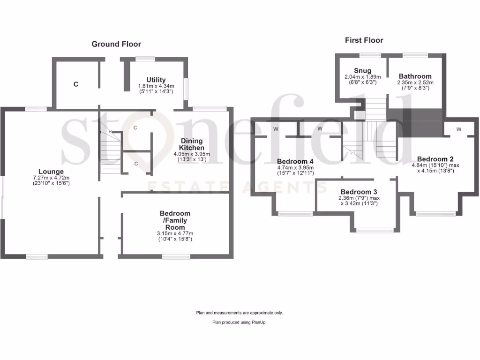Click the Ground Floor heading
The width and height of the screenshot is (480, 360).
point(116,44)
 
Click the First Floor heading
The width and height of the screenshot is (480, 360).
point(364,40)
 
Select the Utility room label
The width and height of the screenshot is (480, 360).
point(156,80)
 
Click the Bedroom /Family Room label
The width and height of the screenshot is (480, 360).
point(174,220)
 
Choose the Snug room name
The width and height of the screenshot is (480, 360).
point(362,71)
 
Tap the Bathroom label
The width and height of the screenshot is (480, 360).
point(415,76)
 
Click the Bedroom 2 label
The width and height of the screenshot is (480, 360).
point(435,159)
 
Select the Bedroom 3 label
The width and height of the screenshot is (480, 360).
point(359,192)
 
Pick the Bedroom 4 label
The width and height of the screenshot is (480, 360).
point(295,161)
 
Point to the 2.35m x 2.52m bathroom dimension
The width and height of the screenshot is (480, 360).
point(415,82)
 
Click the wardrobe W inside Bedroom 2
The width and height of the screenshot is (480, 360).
point(458,129)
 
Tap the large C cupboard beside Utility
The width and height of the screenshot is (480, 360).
point(75,84)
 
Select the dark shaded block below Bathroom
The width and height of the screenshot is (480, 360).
point(415,121)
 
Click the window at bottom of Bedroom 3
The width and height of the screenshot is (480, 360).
point(375,230)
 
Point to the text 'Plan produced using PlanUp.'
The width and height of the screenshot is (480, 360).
point(240,322)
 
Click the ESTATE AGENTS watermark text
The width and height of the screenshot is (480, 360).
point(237,187)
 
